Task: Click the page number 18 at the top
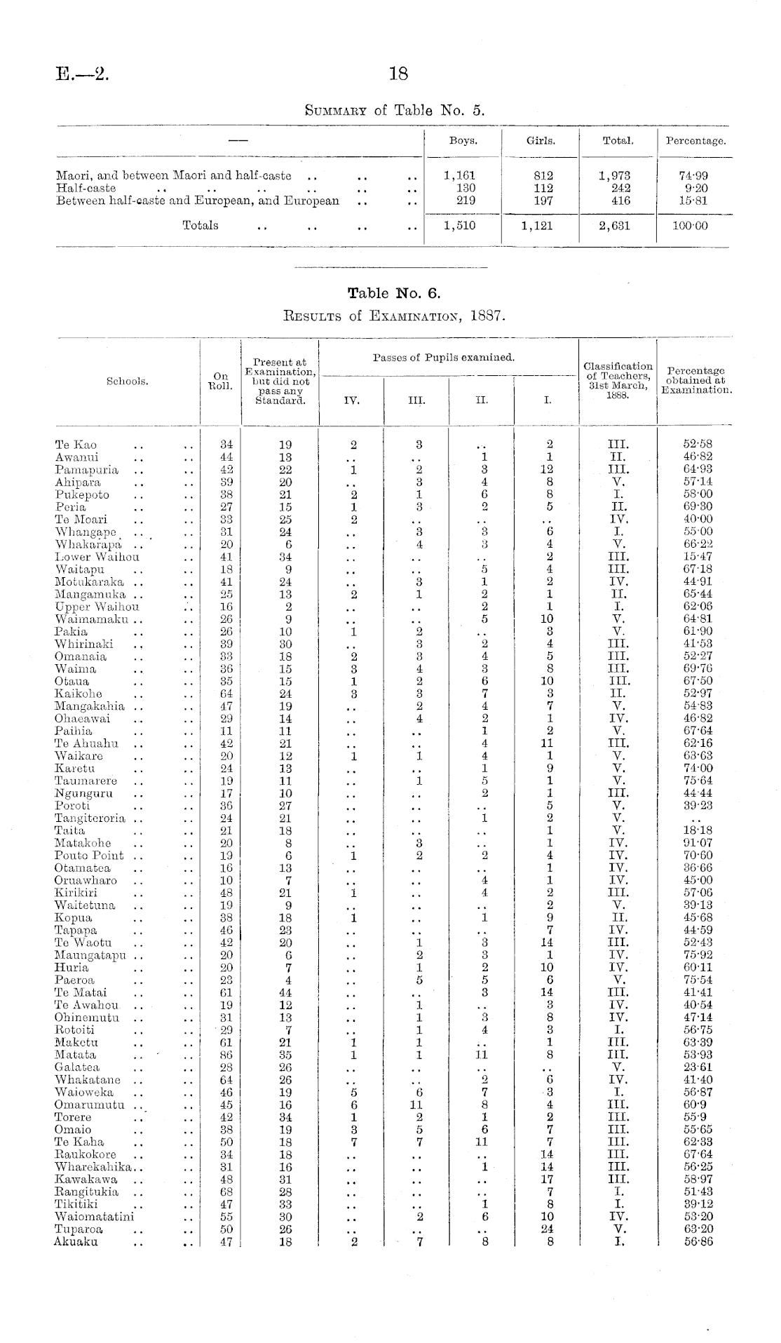click(x=398, y=73)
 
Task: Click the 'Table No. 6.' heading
click(x=398, y=292)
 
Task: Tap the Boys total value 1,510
click(x=460, y=226)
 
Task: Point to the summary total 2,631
click(x=618, y=226)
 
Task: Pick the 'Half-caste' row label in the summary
click(x=86, y=188)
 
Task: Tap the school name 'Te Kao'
click(x=76, y=445)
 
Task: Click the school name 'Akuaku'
click(x=76, y=1241)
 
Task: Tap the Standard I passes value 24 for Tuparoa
click(x=549, y=1229)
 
